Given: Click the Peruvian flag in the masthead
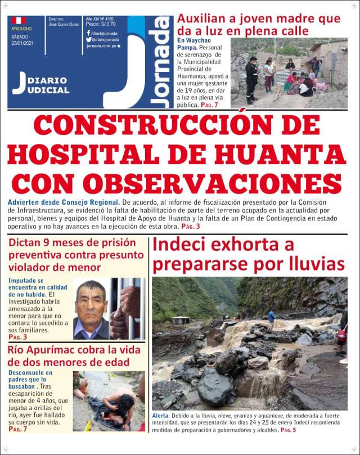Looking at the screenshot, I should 19,20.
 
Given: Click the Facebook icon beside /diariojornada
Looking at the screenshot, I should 88,33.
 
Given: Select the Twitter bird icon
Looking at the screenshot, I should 88,40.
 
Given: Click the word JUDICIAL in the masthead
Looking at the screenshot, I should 48,90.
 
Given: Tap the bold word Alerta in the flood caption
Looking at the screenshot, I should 162,415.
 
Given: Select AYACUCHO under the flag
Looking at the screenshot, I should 21,28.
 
